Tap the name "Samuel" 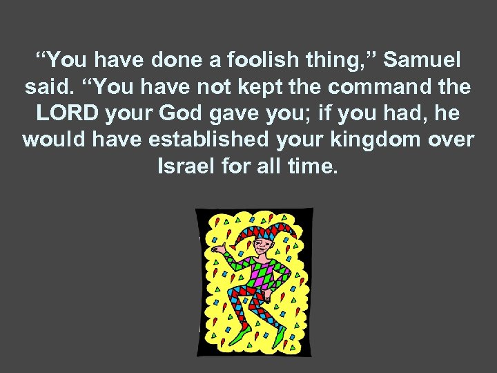[x=422, y=61]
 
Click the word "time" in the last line [x=309, y=166]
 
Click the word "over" [x=449, y=140]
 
